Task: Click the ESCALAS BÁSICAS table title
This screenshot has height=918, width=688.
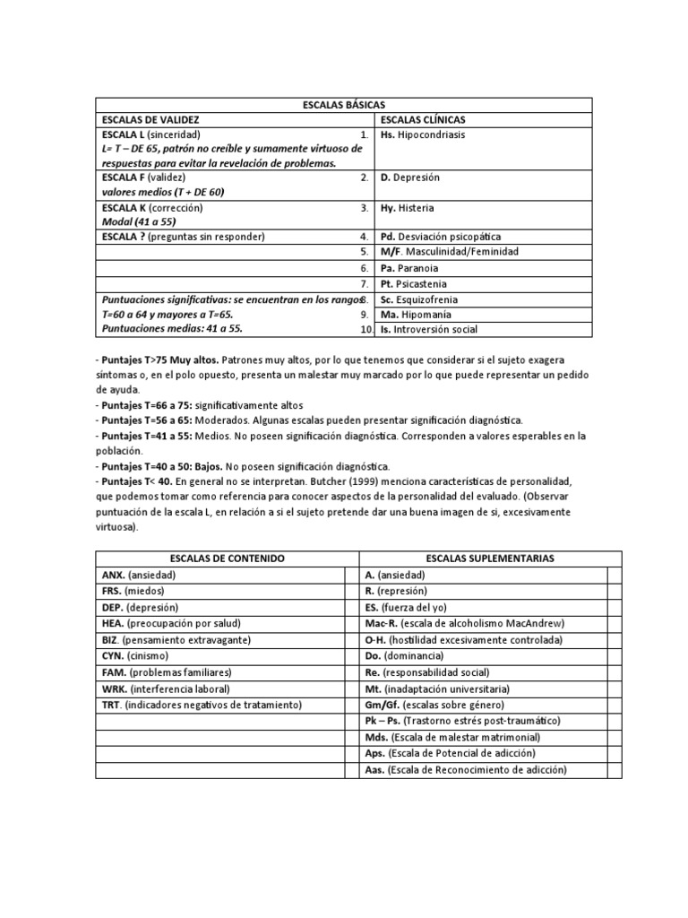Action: [343, 104]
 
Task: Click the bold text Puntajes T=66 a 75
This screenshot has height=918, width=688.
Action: [150, 405]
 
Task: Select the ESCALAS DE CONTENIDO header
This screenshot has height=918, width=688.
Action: [220, 558]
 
